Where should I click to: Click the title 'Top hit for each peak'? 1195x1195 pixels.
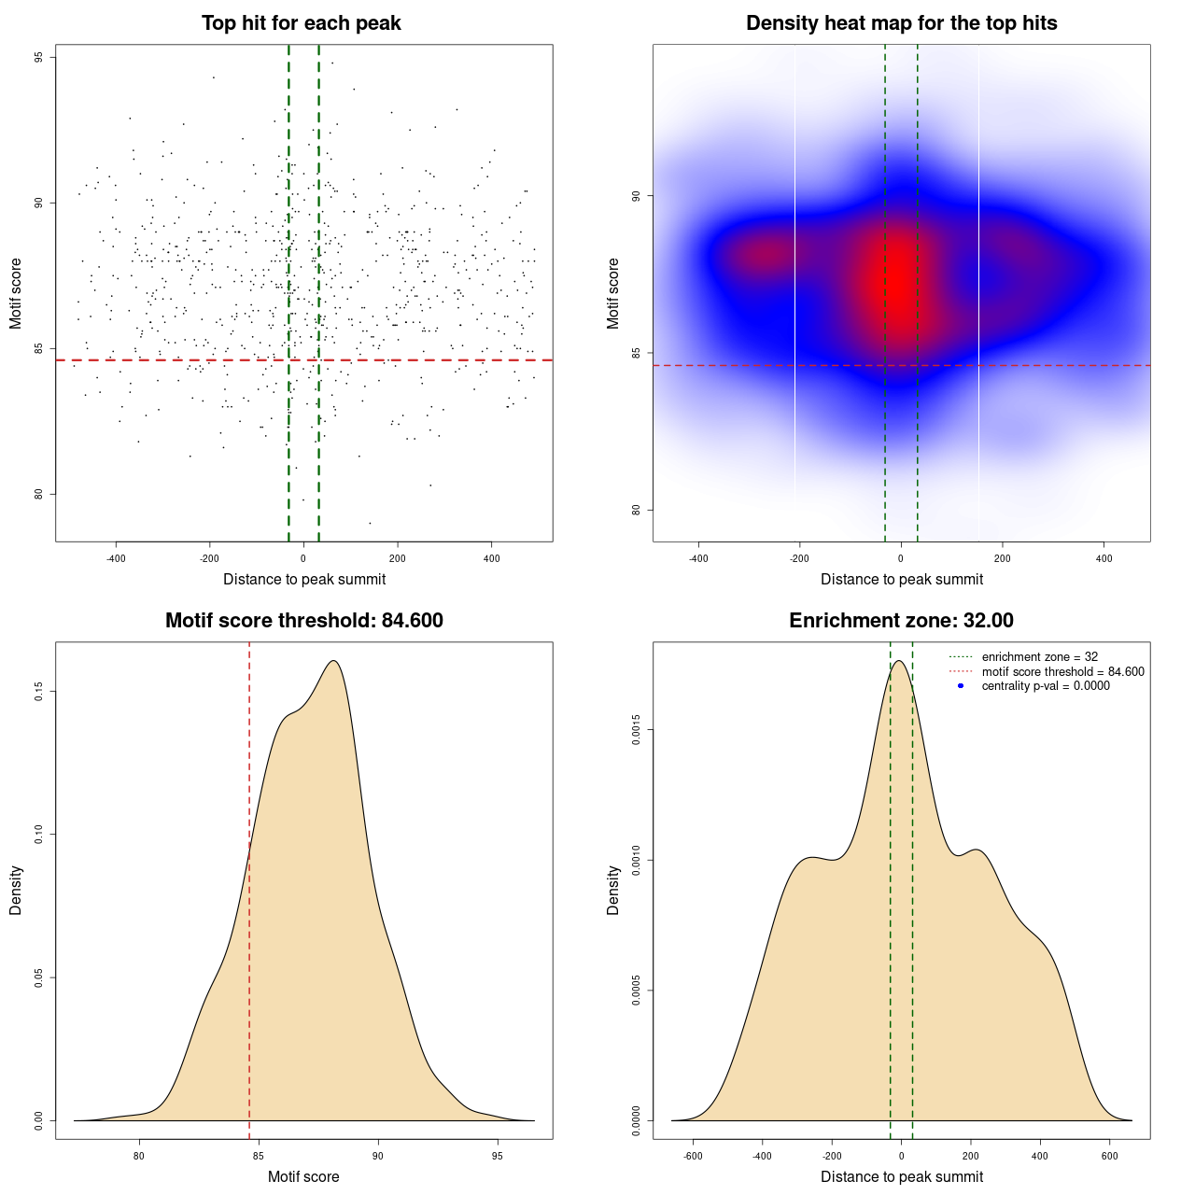(301, 23)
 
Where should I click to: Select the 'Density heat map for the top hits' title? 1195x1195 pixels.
(901, 23)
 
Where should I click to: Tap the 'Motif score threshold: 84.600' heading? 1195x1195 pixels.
(303, 621)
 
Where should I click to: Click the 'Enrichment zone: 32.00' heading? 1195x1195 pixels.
(901, 621)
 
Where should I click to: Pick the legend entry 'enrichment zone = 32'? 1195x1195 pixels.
(1039, 657)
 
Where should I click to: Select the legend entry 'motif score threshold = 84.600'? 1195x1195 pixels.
(1062, 672)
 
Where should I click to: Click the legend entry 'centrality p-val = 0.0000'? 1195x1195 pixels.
(1046, 686)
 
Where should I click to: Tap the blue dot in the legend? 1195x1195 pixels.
(961, 686)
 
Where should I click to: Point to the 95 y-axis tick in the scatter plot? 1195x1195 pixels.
(38, 58)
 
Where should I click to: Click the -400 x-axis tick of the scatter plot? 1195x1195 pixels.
(116, 558)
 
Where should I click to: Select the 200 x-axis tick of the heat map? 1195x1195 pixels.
(1002, 558)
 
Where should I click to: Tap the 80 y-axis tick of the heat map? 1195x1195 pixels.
(636, 510)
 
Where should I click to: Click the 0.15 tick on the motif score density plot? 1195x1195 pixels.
(38, 691)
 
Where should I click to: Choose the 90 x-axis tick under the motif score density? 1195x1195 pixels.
(377, 1156)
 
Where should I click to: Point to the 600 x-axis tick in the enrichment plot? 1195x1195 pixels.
(1109, 1156)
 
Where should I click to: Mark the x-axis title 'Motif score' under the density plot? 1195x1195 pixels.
(303, 1177)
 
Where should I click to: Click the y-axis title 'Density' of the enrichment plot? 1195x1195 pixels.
(613, 890)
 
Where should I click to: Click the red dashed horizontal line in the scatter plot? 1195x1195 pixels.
(187, 360)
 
